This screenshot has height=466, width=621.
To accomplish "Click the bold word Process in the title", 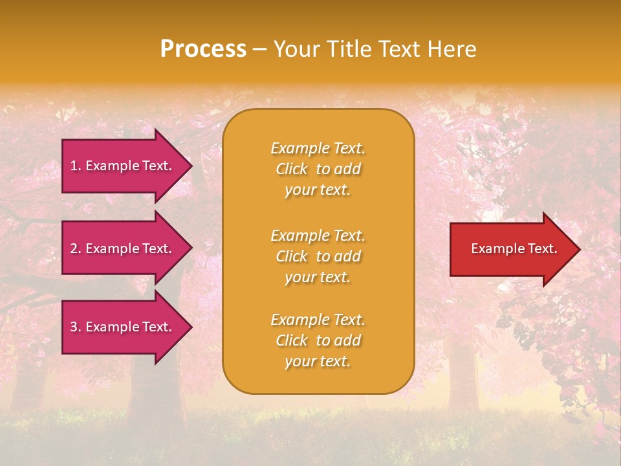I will point(203,49).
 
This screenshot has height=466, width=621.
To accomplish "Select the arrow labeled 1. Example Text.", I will point(121,166).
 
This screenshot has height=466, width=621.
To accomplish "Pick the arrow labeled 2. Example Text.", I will point(121,249).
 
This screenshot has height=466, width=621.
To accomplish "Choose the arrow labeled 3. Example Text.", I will point(121,327).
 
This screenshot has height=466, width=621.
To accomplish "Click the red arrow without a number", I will point(511,249).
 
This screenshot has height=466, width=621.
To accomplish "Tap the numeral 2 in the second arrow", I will point(73,249).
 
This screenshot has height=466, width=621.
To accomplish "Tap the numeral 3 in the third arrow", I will point(73,327).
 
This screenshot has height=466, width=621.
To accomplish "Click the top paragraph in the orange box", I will point(318,169).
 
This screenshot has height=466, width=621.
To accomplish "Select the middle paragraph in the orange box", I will point(318,256).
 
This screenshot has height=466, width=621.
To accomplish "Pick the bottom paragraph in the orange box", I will point(318,340).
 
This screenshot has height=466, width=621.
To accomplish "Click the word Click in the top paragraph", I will point(292,169).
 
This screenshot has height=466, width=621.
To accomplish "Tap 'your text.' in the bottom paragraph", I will point(318,361).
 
